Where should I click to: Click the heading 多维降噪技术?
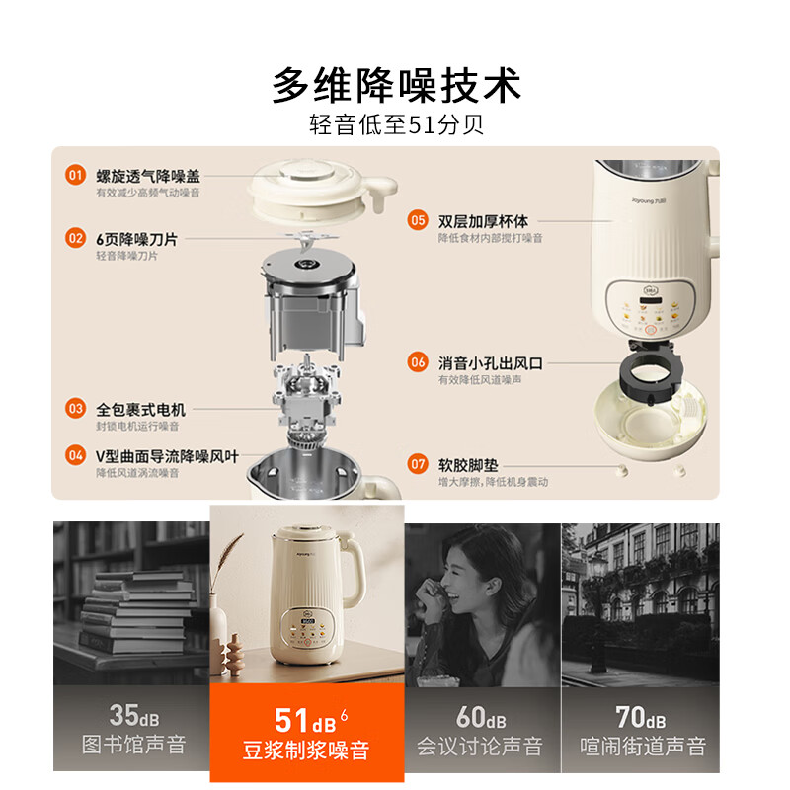tap(395, 86)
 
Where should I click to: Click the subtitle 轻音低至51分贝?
tap(395, 126)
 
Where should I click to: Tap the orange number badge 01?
tap(75, 176)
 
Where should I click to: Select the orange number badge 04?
tap(75, 455)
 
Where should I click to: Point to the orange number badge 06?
tap(418, 362)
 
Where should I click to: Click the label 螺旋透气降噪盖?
tap(148, 176)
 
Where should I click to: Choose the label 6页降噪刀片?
tap(143, 238)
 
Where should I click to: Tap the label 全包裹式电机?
tap(140, 408)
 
